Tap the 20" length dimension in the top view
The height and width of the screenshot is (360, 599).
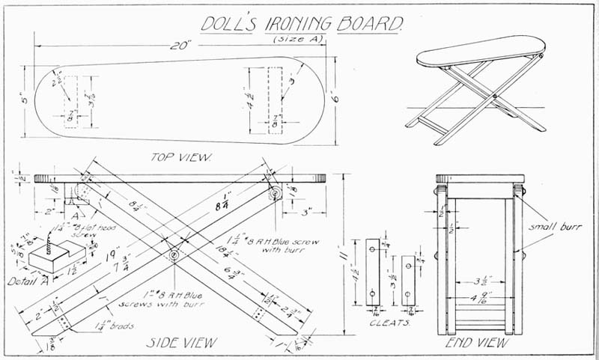(x=177, y=47)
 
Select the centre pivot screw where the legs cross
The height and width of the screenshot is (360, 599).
(x=174, y=255)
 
